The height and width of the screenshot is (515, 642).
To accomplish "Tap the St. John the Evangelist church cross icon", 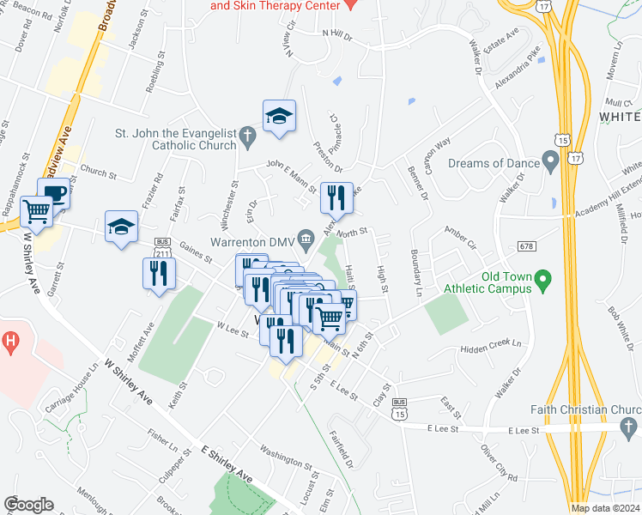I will point(247,134).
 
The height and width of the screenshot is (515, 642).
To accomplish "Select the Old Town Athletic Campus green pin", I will point(542,280).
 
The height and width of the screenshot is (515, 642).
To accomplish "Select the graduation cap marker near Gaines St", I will point(122,227).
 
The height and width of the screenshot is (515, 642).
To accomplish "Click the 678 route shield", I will point(527,246).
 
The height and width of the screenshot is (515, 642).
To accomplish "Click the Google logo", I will point(28,505).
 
